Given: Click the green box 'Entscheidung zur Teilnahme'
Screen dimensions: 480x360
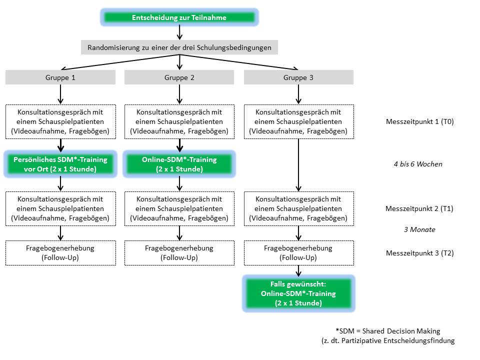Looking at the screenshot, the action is pyautogui.click(x=179, y=17).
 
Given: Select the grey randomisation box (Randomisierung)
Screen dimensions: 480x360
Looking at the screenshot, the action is pyautogui.click(x=179, y=47).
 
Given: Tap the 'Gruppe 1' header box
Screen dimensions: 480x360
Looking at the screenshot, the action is pyautogui.click(x=60, y=77).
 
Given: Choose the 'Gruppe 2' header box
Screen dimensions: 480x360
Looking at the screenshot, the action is pyautogui.click(x=179, y=77).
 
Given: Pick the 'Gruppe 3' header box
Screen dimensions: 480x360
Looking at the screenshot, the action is pyautogui.click(x=298, y=77).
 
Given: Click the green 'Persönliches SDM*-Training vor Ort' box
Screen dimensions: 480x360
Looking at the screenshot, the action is pyautogui.click(x=60, y=164).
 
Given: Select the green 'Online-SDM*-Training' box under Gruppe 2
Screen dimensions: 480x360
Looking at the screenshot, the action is pyautogui.click(x=179, y=164).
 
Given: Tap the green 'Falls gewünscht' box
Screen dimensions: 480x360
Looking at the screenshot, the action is pyautogui.click(x=298, y=293).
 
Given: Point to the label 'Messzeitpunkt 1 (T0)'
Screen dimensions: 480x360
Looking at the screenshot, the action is pyautogui.click(x=419, y=121).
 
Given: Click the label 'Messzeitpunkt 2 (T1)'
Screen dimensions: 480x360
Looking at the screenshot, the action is pyautogui.click(x=419, y=208).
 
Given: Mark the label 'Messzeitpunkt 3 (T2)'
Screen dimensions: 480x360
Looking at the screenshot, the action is pyautogui.click(x=419, y=253).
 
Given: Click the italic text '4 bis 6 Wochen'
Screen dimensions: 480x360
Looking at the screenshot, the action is pyautogui.click(x=418, y=164).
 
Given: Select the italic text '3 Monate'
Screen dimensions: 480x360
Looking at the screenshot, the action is pyautogui.click(x=419, y=229).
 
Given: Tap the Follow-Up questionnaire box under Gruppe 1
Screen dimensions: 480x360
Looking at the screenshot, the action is pyautogui.click(x=60, y=253).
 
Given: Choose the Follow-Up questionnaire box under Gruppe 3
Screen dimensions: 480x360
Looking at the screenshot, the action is pyautogui.click(x=299, y=253).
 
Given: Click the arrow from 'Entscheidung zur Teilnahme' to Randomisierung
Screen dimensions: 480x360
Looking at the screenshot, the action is pyautogui.click(x=179, y=32).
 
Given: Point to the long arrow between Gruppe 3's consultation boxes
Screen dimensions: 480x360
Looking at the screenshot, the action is pyautogui.click(x=298, y=165).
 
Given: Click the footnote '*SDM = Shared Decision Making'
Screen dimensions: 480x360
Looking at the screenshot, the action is pyautogui.click(x=388, y=331).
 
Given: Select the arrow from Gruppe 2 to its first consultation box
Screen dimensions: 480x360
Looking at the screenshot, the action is pyautogui.click(x=179, y=94).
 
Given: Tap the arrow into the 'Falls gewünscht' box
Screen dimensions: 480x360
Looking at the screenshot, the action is pyautogui.click(x=298, y=271).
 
